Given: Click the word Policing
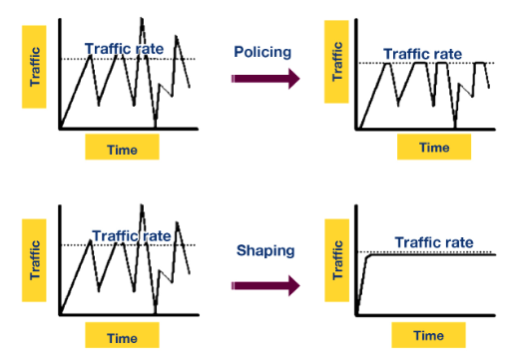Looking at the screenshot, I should pos(261,51).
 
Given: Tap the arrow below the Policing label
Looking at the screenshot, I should pos(265,79).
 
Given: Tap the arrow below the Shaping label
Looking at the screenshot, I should pos(265,285).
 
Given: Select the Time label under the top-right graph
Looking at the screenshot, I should pos(434,147).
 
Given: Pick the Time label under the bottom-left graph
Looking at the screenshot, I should pos(122,337).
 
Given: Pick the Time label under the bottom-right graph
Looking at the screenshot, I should pos(428,335).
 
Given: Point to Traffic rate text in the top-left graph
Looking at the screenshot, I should pos(126,47).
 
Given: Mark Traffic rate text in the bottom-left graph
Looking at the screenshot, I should pos(131,235).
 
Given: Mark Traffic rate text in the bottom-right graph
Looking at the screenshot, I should pos(432,241).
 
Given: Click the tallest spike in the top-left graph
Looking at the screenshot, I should pos(142,19).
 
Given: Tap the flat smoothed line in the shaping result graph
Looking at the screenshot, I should pos(429,254).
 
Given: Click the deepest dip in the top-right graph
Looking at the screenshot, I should pos(455,125).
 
